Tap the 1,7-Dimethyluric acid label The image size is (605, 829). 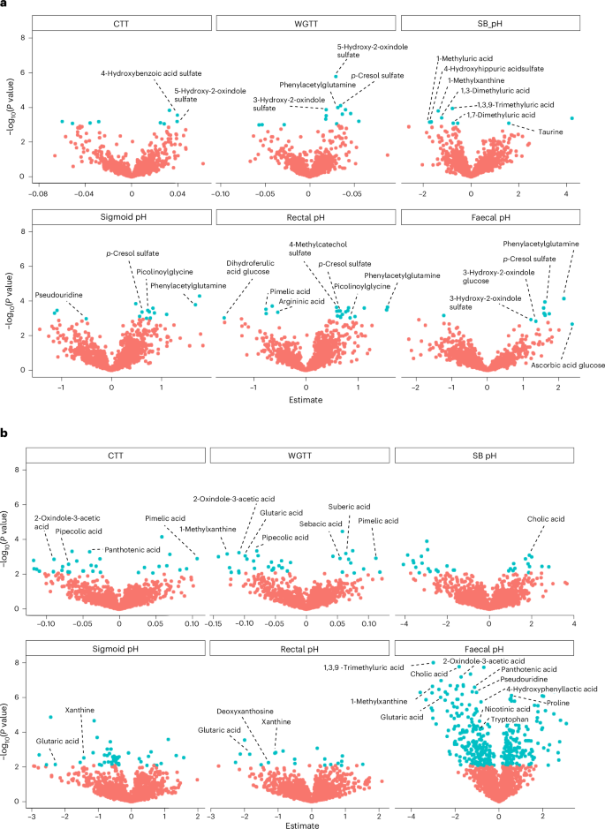(x=501, y=115)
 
